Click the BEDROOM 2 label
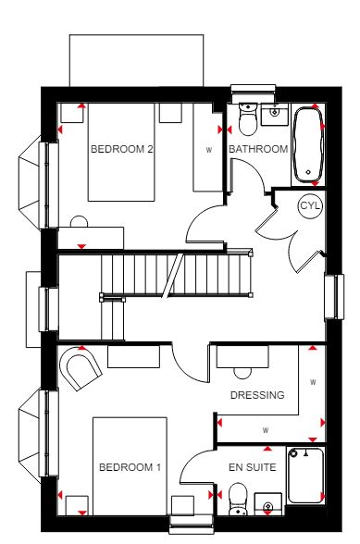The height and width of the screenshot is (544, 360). (121, 149)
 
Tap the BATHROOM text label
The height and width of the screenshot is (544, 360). (258, 149)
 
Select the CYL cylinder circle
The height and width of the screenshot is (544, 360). (310, 206)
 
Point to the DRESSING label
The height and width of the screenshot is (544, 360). (257, 395)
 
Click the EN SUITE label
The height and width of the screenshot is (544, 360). (253, 467)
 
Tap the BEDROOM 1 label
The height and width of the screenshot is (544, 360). (130, 467)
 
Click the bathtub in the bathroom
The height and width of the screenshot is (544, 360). (308, 144)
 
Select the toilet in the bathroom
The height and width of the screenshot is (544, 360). (247, 119)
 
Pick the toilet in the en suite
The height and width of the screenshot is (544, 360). (238, 500)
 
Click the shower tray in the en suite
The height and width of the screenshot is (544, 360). (305, 476)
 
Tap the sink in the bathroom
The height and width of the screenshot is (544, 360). (275, 114)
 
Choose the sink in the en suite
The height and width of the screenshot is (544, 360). (267, 504)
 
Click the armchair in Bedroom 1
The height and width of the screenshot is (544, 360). (81, 368)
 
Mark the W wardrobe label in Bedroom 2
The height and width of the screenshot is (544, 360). (208, 150)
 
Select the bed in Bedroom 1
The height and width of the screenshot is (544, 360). (130, 466)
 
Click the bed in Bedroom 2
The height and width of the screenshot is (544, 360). (121, 152)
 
